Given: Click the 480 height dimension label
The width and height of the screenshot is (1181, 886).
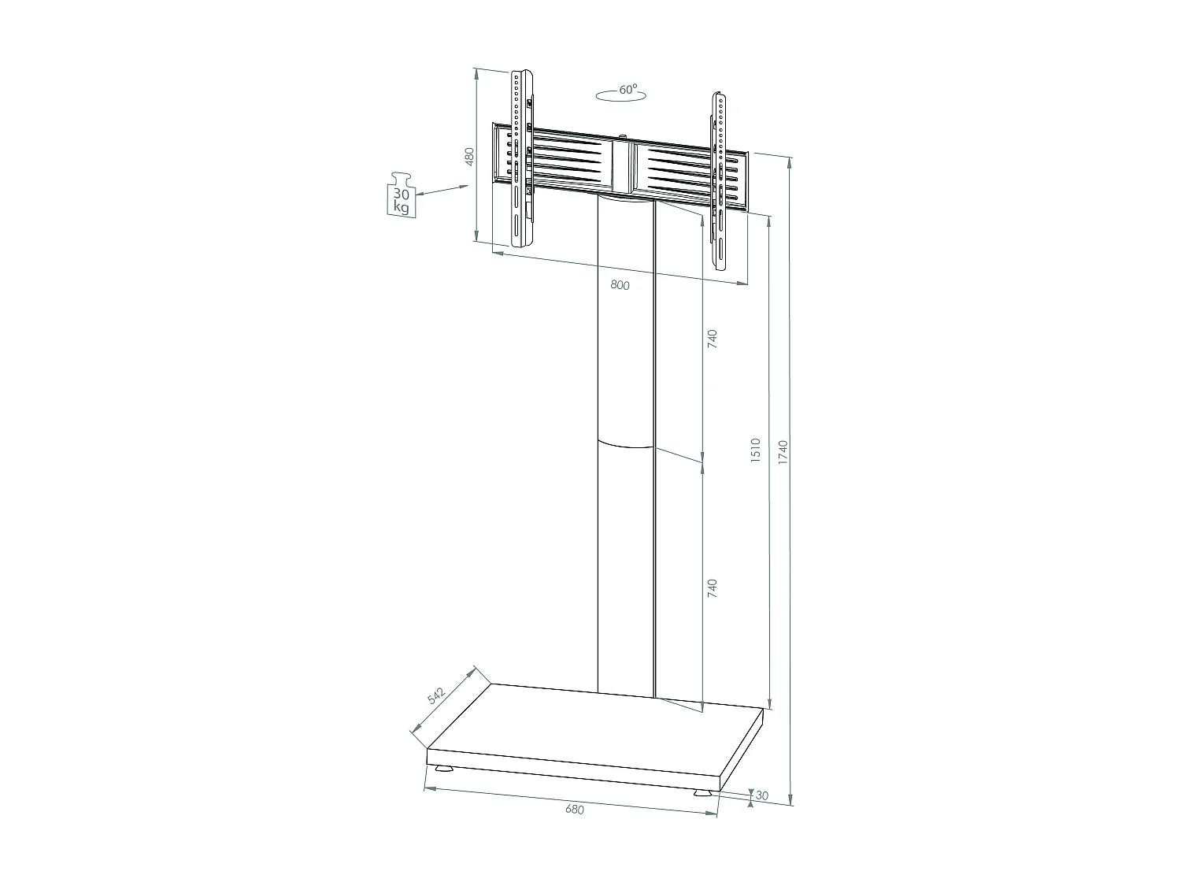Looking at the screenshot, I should click(469, 156).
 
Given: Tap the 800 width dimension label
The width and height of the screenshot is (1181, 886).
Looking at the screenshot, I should click(620, 285).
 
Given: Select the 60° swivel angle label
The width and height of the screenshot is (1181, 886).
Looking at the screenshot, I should click(627, 91).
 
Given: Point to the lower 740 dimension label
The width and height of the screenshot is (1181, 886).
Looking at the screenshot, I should click(712, 588).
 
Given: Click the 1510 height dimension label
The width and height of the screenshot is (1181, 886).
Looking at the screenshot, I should click(755, 450).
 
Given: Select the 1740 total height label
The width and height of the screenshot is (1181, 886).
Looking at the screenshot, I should click(783, 452).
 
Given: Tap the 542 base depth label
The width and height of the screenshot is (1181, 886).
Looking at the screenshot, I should click(436, 695).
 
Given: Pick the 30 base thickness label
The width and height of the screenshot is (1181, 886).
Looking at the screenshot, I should click(761, 796).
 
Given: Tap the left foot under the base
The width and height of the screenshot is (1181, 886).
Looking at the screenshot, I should click(443, 769).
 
